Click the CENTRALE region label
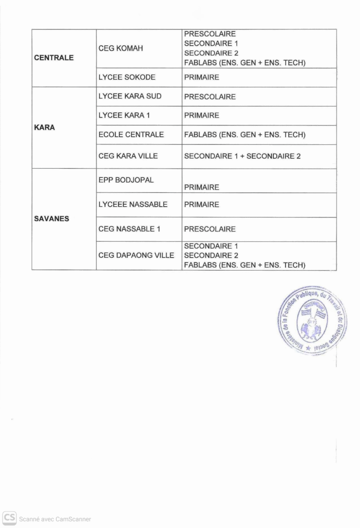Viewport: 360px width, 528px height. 54,58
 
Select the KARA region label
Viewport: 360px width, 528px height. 44,127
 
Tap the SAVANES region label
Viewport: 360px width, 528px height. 52,219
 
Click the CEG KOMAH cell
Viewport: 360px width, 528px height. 121,48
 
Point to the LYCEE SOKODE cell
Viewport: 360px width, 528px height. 127,77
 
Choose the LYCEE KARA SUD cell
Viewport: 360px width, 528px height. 130,96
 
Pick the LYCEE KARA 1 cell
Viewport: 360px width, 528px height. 124,115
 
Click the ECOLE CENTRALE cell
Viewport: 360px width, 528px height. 131,135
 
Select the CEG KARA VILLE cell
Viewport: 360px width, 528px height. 128,156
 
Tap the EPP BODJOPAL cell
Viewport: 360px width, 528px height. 126,180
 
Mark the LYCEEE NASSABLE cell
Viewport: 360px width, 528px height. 133,204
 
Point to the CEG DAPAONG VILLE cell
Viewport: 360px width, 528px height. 136,255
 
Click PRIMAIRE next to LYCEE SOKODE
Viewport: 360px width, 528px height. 202,77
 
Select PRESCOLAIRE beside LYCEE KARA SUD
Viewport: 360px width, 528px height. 210,96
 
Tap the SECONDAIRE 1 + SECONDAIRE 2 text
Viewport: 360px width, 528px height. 242,156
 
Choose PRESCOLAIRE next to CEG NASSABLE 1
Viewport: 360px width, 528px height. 210,229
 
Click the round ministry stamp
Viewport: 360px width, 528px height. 311,321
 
